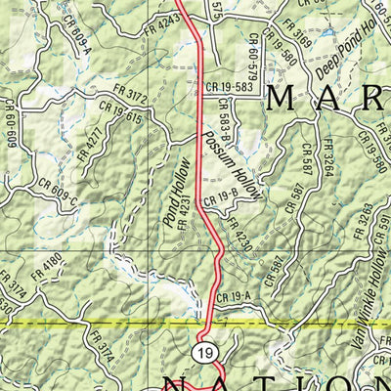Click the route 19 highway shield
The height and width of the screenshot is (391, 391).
203,352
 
